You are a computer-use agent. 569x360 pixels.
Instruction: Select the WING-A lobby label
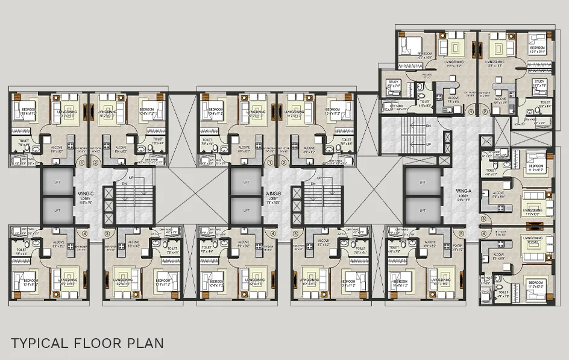[464, 192]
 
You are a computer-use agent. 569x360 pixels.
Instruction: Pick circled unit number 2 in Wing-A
[485, 112]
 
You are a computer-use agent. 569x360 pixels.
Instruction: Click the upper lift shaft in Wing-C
[57, 182]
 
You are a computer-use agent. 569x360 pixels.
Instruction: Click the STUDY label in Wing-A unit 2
[539, 82]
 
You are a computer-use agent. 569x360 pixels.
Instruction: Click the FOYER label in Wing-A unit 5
[458, 246]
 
